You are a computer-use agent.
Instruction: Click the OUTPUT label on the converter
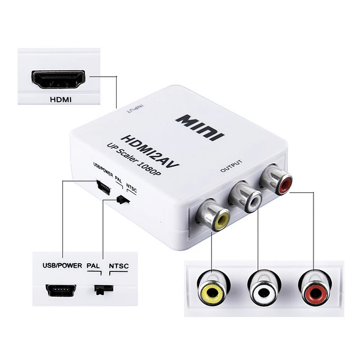pos(232,166)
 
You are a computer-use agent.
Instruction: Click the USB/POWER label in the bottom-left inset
pos(62,265)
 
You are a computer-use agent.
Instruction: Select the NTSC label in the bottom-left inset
pos(119,265)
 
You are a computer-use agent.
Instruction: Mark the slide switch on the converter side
pos(121,199)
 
